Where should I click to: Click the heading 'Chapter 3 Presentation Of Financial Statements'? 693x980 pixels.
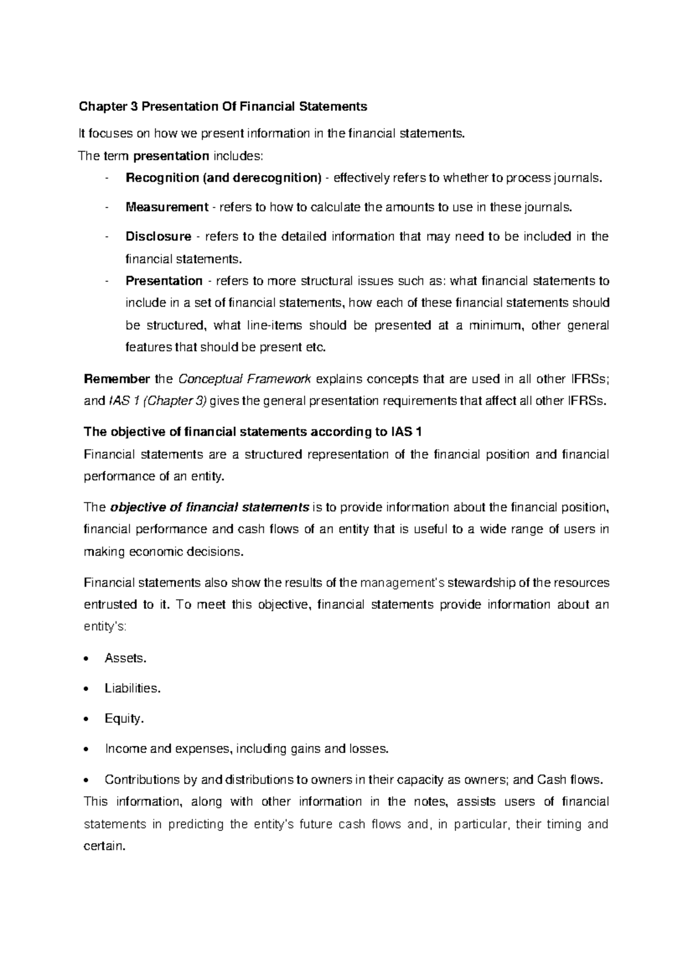(223, 107)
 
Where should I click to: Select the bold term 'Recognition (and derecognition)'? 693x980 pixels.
(223, 179)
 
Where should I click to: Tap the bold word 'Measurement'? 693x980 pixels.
(166, 207)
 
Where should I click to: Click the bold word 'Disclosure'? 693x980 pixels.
(158, 237)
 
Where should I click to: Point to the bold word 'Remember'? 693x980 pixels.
(117, 380)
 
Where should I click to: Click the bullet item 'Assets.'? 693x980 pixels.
(125, 658)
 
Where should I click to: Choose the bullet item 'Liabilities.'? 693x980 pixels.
(132, 688)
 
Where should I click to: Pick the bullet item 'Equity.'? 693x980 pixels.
(124, 719)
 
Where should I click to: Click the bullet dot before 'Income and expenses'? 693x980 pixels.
(87, 749)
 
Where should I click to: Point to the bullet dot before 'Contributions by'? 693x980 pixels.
(87, 780)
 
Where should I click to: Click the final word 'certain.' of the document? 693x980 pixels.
(105, 847)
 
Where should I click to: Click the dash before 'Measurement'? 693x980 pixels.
(107, 207)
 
